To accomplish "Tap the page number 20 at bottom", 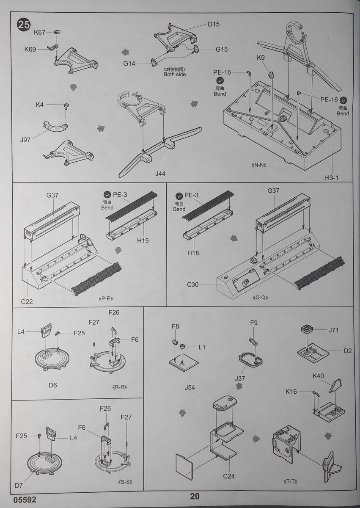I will click(195, 497).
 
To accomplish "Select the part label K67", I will click(40, 33).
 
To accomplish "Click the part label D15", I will click(214, 24).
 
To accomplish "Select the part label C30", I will click(193, 284).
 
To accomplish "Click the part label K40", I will click(318, 376).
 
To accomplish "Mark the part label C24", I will click(229, 477).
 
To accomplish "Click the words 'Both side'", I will click(175, 74).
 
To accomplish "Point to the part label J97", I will click(25, 139).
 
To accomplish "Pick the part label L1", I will click(202, 347).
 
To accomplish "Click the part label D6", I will click(52, 385).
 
